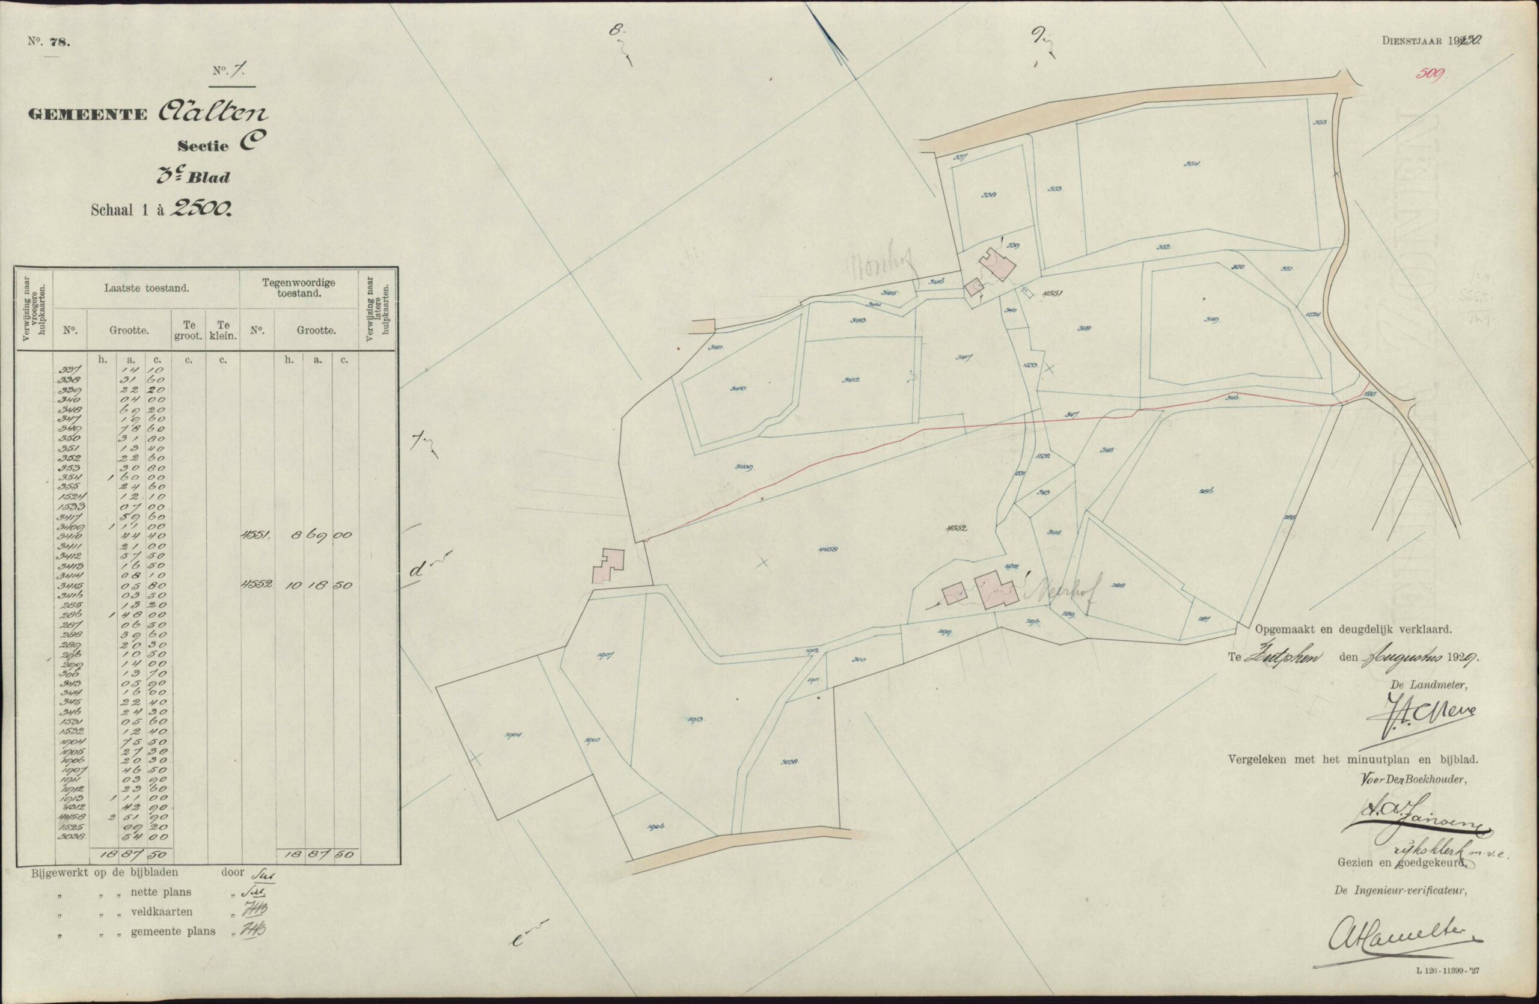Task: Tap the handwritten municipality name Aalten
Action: [212, 112]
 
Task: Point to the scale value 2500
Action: [199, 208]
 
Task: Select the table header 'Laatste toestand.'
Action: [147, 289]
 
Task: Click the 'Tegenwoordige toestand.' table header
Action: [299, 288]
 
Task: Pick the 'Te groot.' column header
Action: [188, 330]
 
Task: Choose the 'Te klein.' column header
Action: [222, 330]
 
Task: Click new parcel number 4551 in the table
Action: [257, 535]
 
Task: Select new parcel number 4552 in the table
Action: [257, 584]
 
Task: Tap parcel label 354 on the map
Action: [1192, 164]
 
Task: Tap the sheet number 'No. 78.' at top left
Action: [49, 42]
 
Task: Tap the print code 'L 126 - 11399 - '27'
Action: [1446, 988]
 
